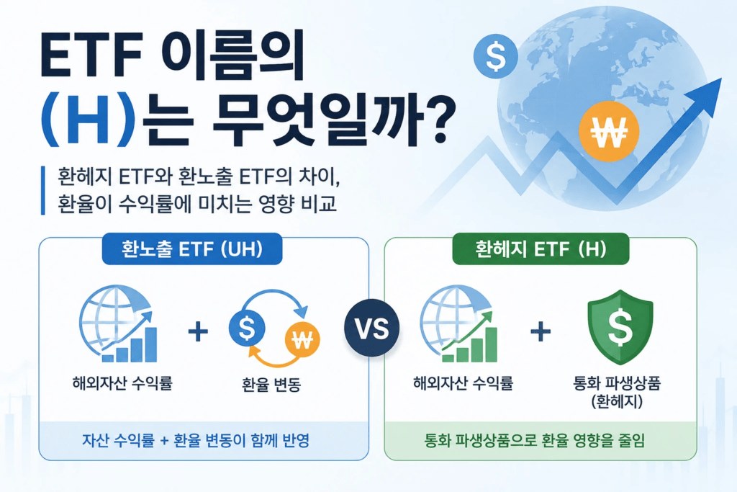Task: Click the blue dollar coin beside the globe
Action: point(496,56)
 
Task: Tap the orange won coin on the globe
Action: point(609,131)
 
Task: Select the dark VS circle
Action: point(372,327)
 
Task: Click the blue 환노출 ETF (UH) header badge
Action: point(192,249)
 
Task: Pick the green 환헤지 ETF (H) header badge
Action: point(541,249)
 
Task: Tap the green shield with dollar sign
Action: point(620,326)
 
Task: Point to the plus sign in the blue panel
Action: point(198,331)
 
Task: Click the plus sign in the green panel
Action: point(541,331)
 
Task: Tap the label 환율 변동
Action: point(271,384)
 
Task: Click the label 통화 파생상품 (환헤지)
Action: point(617,392)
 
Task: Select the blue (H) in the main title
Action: point(87,121)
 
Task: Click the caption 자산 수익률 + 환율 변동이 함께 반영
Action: point(196,440)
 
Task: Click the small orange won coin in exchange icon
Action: point(302,339)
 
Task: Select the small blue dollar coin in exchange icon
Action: point(247,328)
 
